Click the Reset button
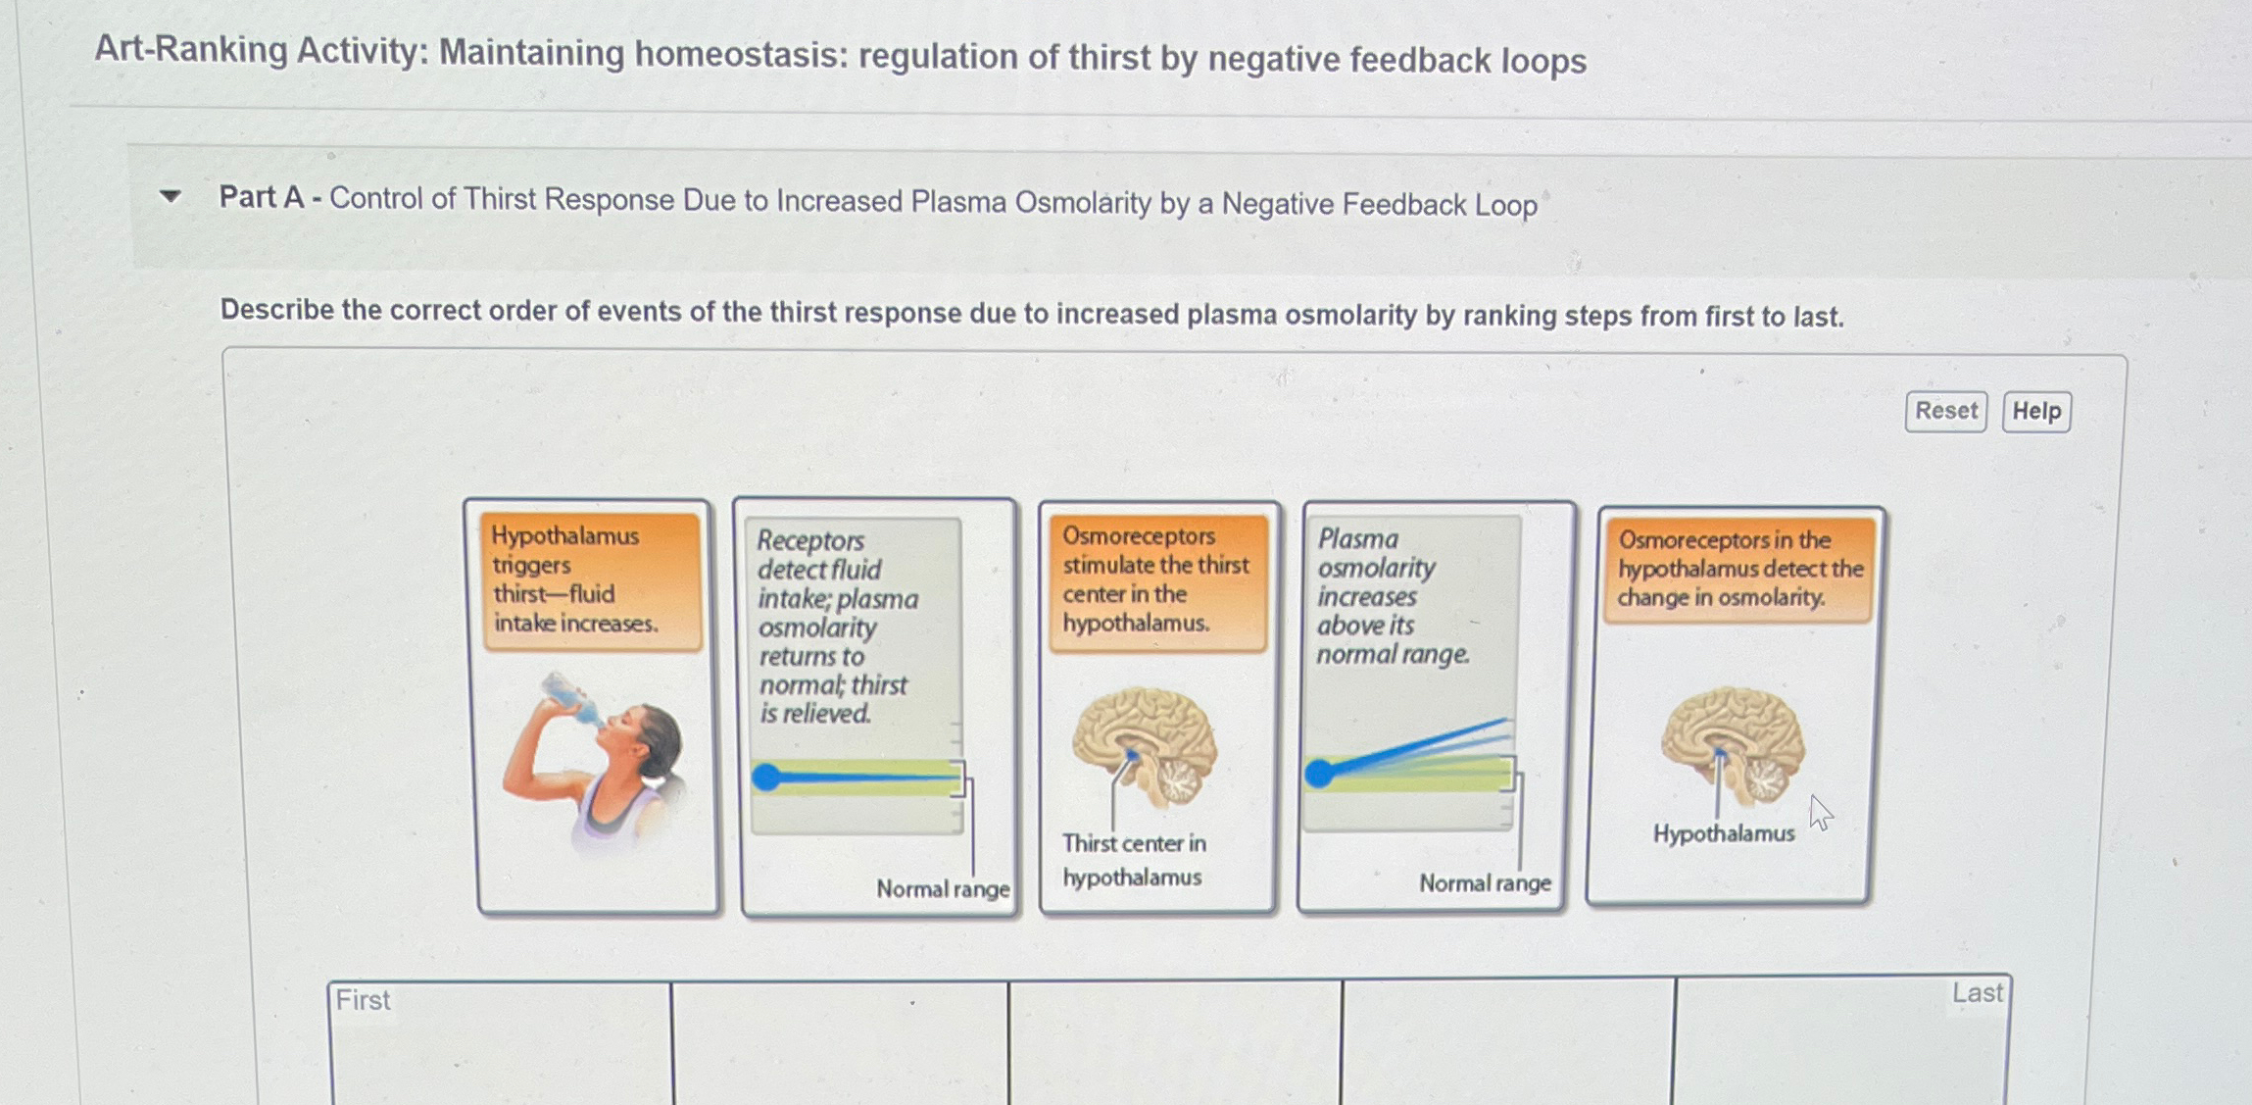[x=1945, y=411]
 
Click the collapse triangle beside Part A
[x=171, y=196]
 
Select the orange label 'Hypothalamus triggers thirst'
[x=591, y=580]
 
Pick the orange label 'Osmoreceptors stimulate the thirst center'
[x=1156, y=580]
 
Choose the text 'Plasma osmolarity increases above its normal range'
[x=1392, y=596]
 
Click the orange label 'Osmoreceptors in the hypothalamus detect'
[x=1739, y=570]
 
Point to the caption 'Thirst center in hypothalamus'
[x=1134, y=860]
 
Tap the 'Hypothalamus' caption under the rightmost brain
[x=1724, y=833]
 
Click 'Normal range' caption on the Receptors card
[x=943, y=889]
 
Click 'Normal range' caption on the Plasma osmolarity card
[x=1485, y=883]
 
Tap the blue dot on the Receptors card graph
[x=766, y=778]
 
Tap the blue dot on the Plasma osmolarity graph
[x=1319, y=774]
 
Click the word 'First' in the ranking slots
[x=363, y=1000]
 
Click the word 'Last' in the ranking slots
[x=1977, y=993]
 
